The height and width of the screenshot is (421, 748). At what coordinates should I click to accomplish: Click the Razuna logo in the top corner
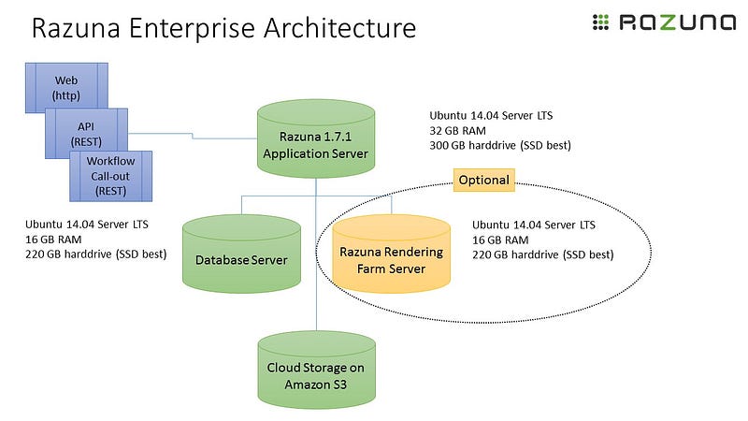(665, 23)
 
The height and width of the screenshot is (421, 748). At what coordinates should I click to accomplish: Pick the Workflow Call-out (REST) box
(111, 176)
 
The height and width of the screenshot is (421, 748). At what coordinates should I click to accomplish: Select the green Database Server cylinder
(242, 254)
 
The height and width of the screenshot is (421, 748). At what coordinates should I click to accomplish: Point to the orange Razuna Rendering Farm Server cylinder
(391, 254)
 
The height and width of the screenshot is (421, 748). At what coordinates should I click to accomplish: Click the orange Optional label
(483, 180)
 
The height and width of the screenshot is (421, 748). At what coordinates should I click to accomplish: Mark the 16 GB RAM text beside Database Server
(55, 240)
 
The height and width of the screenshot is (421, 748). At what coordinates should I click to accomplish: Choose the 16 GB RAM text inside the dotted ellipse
(504, 240)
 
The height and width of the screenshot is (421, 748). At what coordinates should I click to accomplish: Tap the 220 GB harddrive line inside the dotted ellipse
(543, 254)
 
